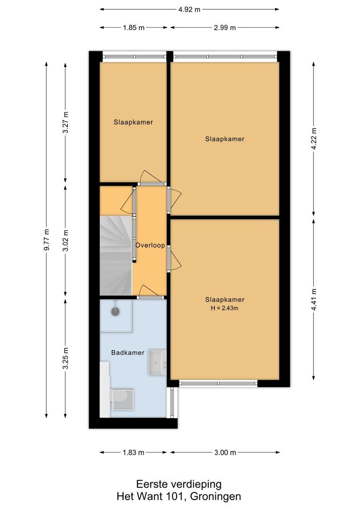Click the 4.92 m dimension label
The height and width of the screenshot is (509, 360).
click(189, 9)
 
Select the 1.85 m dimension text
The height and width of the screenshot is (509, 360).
click(134, 28)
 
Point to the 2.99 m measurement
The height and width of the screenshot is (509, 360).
click(225, 28)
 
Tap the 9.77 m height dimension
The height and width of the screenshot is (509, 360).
click(47, 239)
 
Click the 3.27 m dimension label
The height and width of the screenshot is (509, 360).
click(66, 122)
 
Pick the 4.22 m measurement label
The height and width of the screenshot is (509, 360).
click(314, 139)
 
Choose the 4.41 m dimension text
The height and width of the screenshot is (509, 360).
click(314, 299)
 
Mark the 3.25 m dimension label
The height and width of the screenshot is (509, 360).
click(66, 358)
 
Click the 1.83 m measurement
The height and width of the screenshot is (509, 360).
click(133, 452)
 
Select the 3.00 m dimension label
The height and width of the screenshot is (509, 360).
click(225, 452)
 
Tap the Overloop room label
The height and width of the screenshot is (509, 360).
click(150, 246)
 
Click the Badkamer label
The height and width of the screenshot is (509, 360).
click(128, 353)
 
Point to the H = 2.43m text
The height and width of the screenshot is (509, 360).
click(225, 308)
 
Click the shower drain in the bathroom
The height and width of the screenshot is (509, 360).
click(115, 312)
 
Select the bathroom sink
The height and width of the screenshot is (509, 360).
click(157, 362)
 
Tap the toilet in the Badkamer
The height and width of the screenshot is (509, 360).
click(122, 399)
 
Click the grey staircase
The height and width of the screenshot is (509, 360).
click(116, 256)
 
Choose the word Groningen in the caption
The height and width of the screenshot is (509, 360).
click(215, 496)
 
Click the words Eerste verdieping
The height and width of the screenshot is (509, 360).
click(179, 484)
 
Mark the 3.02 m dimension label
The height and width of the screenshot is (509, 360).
click(66, 240)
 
